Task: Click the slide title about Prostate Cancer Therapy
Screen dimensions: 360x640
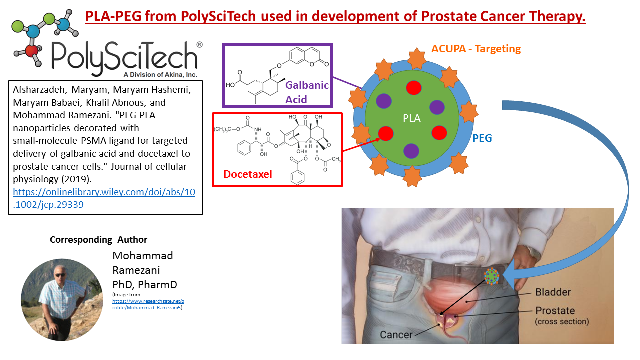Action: [x=335, y=16]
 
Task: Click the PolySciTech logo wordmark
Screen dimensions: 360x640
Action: [x=125, y=55]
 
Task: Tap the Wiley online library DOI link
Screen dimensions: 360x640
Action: [x=104, y=198]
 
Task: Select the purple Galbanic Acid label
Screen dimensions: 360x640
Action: [x=307, y=92]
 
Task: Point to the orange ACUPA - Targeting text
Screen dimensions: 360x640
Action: [x=476, y=49]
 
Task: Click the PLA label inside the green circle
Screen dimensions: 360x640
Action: [x=412, y=119]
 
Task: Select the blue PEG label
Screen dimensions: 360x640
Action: [x=482, y=138]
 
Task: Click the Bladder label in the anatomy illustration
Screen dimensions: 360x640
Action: [x=553, y=292]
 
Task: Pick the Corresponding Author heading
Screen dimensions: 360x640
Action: [x=99, y=240]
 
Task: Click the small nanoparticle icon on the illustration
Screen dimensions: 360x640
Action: [x=492, y=276]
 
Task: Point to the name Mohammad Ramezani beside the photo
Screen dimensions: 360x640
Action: [x=143, y=263]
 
